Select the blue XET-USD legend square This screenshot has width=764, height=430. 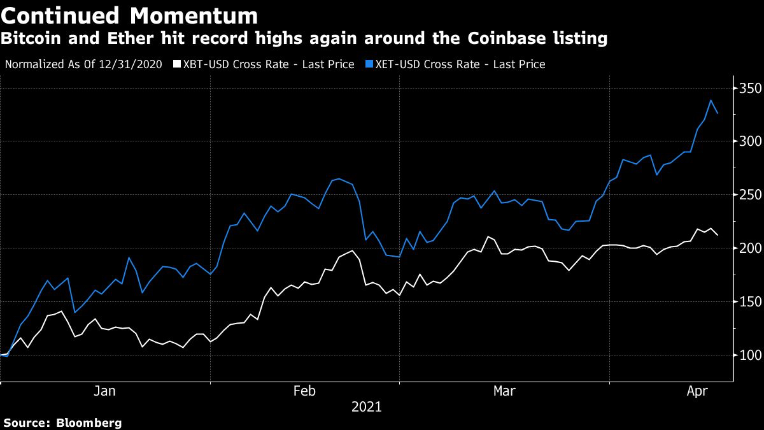pos(370,64)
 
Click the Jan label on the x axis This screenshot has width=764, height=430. pos(104,391)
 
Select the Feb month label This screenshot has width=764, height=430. pos(304,391)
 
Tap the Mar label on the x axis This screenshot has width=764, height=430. pos(504,391)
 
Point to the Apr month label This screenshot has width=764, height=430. pos(698,391)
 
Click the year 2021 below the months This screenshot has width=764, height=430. pos(366,406)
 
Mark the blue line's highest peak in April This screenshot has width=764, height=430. pos(711,100)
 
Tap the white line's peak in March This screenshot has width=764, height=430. pos(488,237)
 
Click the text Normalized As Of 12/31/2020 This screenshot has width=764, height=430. pos(83,64)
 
